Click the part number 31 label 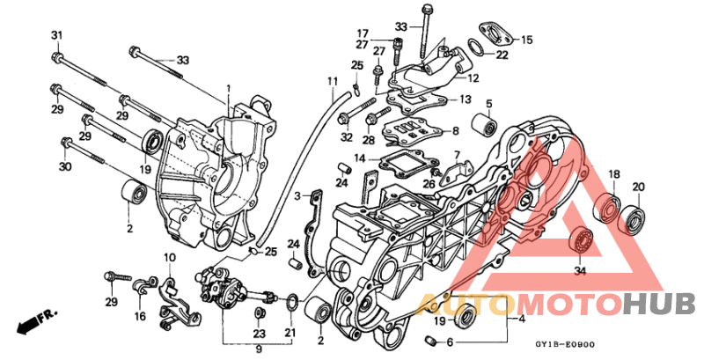57,35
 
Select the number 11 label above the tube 333,82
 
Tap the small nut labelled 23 259,313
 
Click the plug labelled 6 432,342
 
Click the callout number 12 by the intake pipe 473,78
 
